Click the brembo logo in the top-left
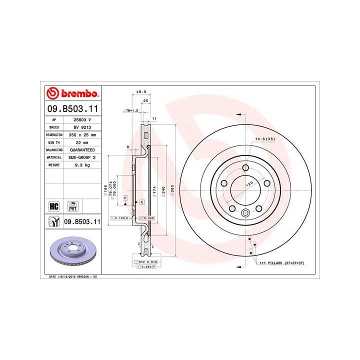[73, 93]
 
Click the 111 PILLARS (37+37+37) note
[282, 262]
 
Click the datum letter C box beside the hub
[142, 201]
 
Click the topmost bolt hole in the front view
[245, 168]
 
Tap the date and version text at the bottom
[73, 276]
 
